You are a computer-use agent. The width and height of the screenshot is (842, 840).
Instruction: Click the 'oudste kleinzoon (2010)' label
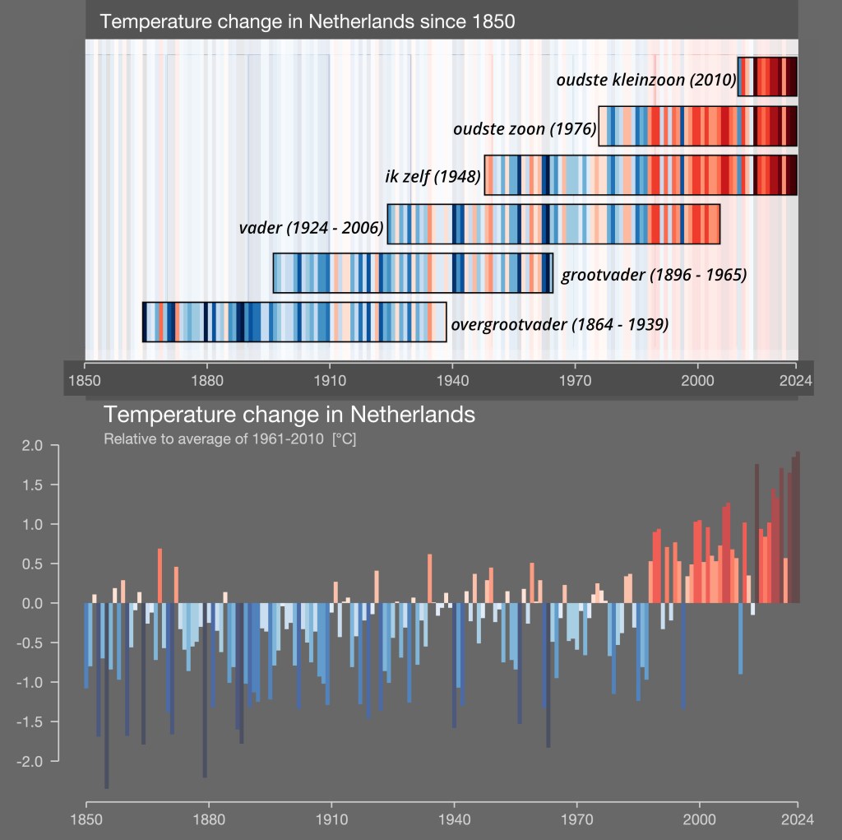coord(645,80)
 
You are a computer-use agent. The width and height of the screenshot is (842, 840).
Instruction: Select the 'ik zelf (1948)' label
coord(433,176)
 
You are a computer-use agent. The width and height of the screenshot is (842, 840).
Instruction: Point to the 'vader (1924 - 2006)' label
coord(312,228)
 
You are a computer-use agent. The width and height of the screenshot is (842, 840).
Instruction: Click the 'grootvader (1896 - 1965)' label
coord(654,275)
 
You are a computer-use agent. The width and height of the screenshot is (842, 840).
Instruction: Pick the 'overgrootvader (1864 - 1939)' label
coord(560,324)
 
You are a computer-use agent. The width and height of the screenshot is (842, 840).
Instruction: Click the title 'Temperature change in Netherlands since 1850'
coord(308,21)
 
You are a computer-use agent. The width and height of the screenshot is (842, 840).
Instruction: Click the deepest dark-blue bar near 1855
coord(106,699)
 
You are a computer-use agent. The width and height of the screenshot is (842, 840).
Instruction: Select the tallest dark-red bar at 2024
coord(798,527)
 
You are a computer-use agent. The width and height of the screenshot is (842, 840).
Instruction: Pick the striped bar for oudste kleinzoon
coord(767,77)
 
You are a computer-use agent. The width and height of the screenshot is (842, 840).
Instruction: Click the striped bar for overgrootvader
coord(294,322)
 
